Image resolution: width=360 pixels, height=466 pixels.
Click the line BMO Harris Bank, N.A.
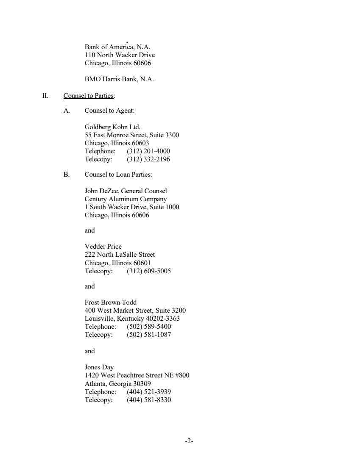click(x=119, y=79)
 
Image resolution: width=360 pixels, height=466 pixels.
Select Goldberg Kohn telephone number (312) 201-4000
click(x=148, y=151)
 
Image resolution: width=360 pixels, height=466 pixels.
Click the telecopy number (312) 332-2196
click(x=148, y=159)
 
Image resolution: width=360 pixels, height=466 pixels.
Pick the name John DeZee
click(x=101, y=191)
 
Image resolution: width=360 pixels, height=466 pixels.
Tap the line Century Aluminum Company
click(x=126, y=199)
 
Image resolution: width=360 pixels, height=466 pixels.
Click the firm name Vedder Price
click(x=103, y=247)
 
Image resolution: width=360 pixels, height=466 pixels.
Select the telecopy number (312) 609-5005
click(x=148, y=271)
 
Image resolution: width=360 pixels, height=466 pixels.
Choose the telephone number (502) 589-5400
click(x=148, y=327)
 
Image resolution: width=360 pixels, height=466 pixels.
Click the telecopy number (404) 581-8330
click(x=148, y=399)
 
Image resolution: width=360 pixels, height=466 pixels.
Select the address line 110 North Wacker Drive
click(x=120, y=55)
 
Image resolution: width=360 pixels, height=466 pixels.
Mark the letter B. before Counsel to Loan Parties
click(x=67, y=175)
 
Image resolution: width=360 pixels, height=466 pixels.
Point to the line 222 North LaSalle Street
click(x=120, y=255)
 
